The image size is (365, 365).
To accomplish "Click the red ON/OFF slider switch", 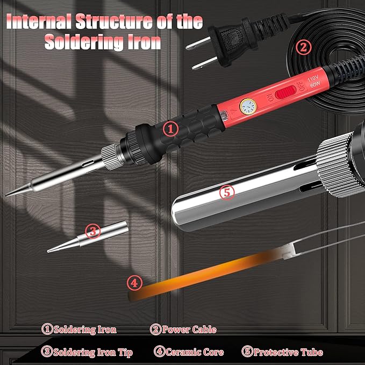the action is click(x=285, y=92).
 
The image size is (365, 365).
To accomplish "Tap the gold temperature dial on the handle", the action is click(x=248, y=107).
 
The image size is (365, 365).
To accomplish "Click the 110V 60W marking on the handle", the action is click(x=313, y=82).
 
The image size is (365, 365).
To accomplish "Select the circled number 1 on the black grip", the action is click(x=170, y=129).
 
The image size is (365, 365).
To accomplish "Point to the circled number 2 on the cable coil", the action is click(x=304, y=47).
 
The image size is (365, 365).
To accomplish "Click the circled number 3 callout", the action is click(x=93, y=231).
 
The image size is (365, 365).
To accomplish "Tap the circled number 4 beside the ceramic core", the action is click(x=134, y=283).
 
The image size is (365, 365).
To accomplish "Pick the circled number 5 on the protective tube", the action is click(x=227, y=192).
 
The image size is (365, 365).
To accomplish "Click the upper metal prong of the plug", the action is click(x=198, y=44).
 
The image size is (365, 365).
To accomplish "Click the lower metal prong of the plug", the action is click(x=205, y=63).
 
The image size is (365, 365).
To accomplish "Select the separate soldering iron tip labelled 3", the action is click(x=88, y=237).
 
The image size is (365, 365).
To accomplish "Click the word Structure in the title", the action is click(x=114, y=22).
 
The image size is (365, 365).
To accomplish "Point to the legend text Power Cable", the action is click(x=189, y=330).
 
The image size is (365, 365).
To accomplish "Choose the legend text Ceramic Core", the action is click(x=195, y=352).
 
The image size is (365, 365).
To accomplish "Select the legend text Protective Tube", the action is click(x=288, y=352).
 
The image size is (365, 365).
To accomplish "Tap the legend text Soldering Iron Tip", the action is click(x=93, y=353).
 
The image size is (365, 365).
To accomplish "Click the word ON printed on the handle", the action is click(x=270, y=98).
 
